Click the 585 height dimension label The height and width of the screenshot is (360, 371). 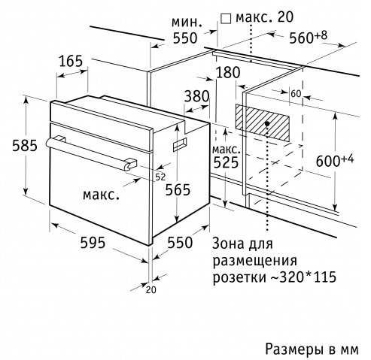click(x=25, y=146)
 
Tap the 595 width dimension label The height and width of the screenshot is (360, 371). click(x=93, y=243)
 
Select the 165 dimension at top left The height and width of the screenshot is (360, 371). click(x=71, y=61)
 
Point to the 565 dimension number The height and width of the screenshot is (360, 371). click(x=178, y=189)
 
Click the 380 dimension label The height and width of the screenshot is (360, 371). click(x=196, y=96)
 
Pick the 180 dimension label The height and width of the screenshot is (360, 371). click(x=228, y=72)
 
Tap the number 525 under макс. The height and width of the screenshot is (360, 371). click(x=226, y=162)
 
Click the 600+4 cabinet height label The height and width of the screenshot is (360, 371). click(x=335, y=160)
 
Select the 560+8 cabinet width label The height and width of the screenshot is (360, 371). click(x=309, y=37)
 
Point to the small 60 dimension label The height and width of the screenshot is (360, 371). click(x=296, y=94)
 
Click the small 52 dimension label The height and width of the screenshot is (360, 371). click(x=160, y=177)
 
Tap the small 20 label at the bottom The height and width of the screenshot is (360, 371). click(x=151, y=290)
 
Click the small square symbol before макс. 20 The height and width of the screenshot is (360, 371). click(x=226, y=19)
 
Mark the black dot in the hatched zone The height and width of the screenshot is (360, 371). click(x=267, y=123)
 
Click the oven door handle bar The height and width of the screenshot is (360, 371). click(x=91, y=153)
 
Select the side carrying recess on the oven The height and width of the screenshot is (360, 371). click(x=180, y=144)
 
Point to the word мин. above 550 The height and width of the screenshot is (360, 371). click(x=187, y=23)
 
